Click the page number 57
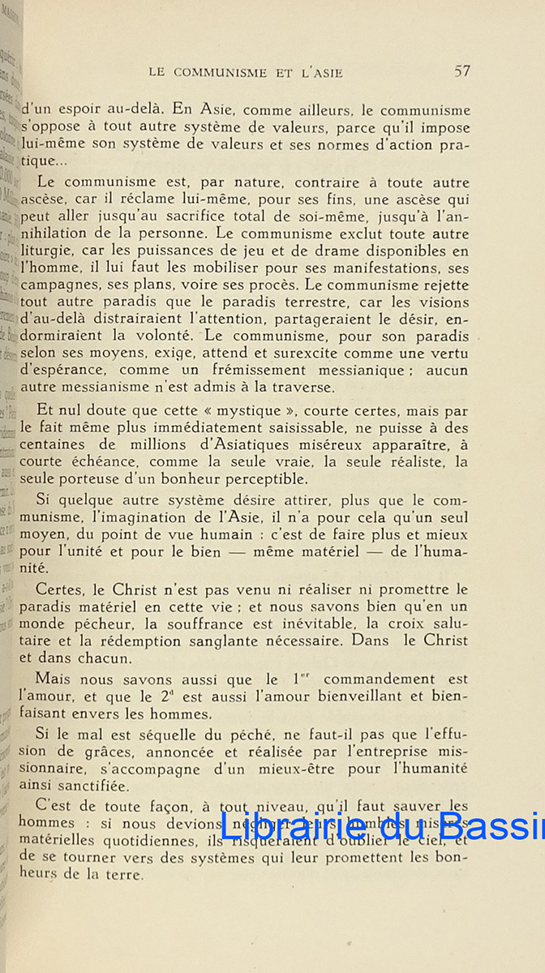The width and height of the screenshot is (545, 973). [x=462, y=71]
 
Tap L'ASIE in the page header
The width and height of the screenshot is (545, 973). [x=314, y=72]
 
